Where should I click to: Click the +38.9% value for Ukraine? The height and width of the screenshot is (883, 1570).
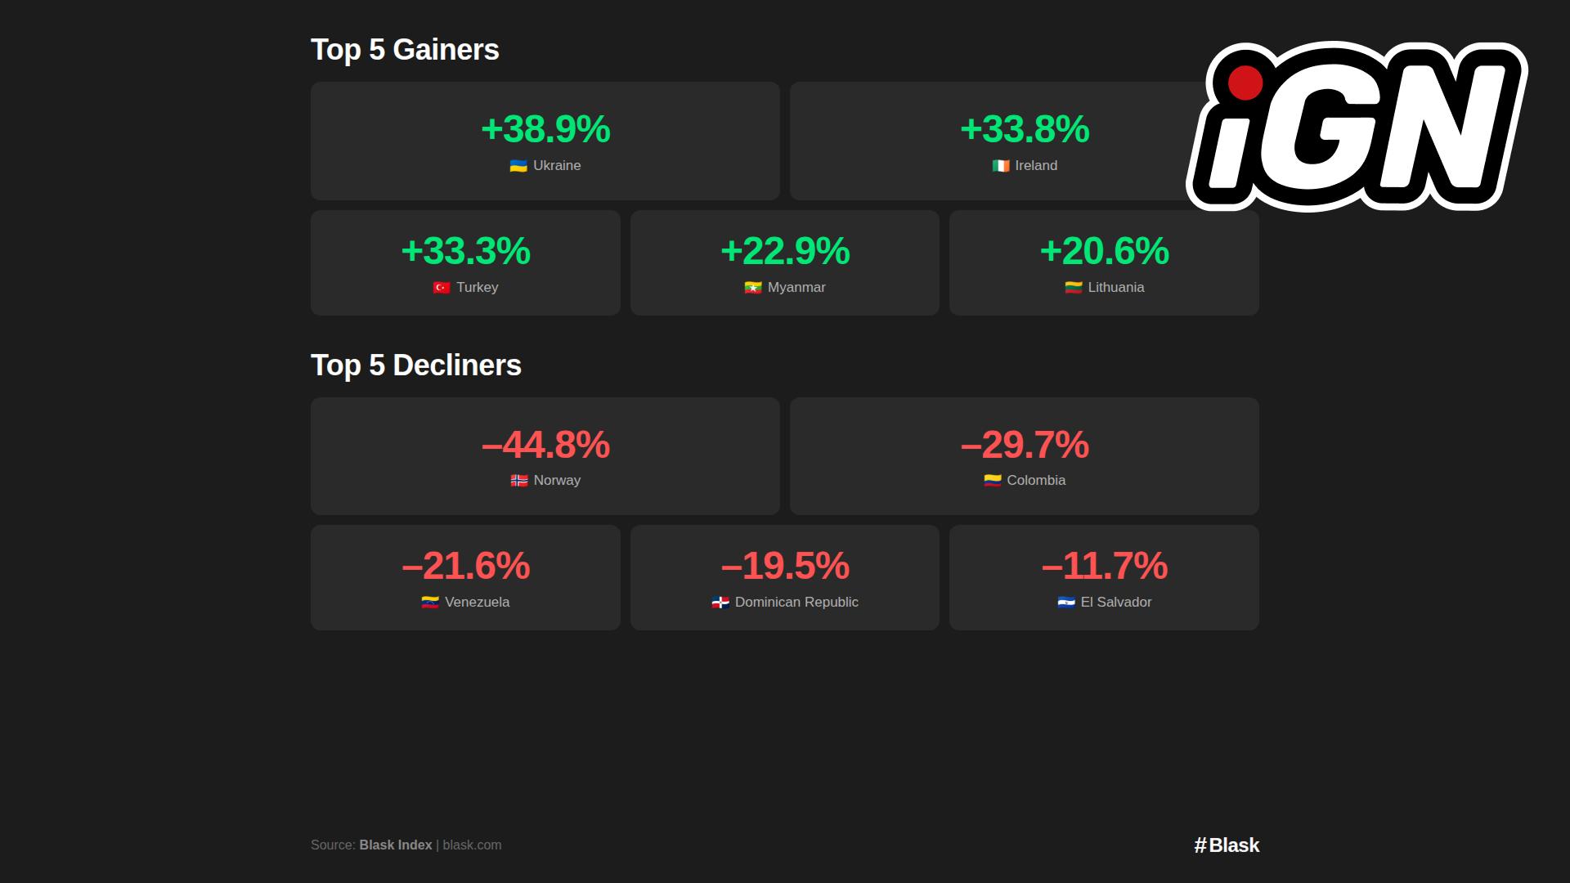coord(545,129)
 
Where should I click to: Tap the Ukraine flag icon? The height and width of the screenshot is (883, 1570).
coord(518,166)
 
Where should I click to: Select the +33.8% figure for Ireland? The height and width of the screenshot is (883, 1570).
coord(1025,129)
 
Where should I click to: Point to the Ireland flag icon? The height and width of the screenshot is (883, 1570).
coord(1001,166)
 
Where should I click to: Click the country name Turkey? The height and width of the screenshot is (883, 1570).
coord(477,288)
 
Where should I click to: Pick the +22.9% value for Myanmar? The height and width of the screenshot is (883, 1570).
coord(785,251)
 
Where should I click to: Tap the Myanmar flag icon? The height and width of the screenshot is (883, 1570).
coord(753,288)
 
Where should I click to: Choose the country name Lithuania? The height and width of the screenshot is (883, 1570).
coord(1115,288)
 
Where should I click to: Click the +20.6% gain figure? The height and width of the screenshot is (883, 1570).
coord(1104,251)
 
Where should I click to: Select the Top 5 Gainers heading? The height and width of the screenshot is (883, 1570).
coord(405,50)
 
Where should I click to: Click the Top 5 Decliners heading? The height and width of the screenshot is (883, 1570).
coord(415,365)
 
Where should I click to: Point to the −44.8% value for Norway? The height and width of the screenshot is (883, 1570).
coord(545,446)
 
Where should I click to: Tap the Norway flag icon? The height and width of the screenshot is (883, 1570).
coord(519,481)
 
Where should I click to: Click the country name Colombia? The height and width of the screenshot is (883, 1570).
coord(1036,481)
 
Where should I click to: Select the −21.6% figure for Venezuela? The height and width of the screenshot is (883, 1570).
coord(465,566)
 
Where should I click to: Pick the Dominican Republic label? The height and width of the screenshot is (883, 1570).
coord(796,603)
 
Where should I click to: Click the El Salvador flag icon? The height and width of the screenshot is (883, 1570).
coord(1066,603)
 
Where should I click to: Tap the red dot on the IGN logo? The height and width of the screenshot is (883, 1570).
coord(1245,83)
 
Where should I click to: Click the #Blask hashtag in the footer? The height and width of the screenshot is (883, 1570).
coord(1227,845)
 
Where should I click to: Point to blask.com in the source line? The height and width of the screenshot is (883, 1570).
coord(472,845)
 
